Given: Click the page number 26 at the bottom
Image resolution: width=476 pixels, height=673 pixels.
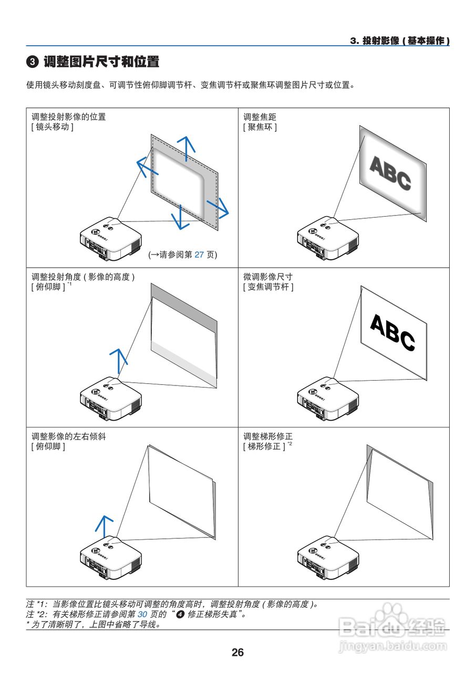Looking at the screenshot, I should coord(237,652).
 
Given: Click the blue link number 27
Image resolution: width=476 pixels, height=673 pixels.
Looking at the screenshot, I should coord(199,254).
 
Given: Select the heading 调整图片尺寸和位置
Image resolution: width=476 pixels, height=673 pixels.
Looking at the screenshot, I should coord(101,62).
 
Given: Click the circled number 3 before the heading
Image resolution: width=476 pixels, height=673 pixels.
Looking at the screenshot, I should coord(32,63).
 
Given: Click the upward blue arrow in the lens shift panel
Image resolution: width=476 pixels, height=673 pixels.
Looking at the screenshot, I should coord(185,147).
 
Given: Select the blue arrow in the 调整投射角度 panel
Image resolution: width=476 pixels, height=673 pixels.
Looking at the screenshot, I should coord(119,360).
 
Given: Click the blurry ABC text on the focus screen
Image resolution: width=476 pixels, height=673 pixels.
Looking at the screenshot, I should coord(390,173).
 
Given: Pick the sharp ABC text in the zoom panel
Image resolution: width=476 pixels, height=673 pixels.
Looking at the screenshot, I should coord(392,332).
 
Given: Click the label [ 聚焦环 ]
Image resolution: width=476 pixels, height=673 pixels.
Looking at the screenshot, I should coord(260,127).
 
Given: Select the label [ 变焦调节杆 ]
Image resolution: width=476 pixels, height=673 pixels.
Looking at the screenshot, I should coord(268,287).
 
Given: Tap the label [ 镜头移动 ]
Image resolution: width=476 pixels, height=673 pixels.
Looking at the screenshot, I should coord(53,127).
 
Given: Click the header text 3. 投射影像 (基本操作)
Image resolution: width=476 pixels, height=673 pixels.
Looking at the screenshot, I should coord(400,41).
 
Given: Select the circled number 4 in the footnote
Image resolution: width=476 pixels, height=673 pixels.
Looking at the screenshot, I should coord(180,614).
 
